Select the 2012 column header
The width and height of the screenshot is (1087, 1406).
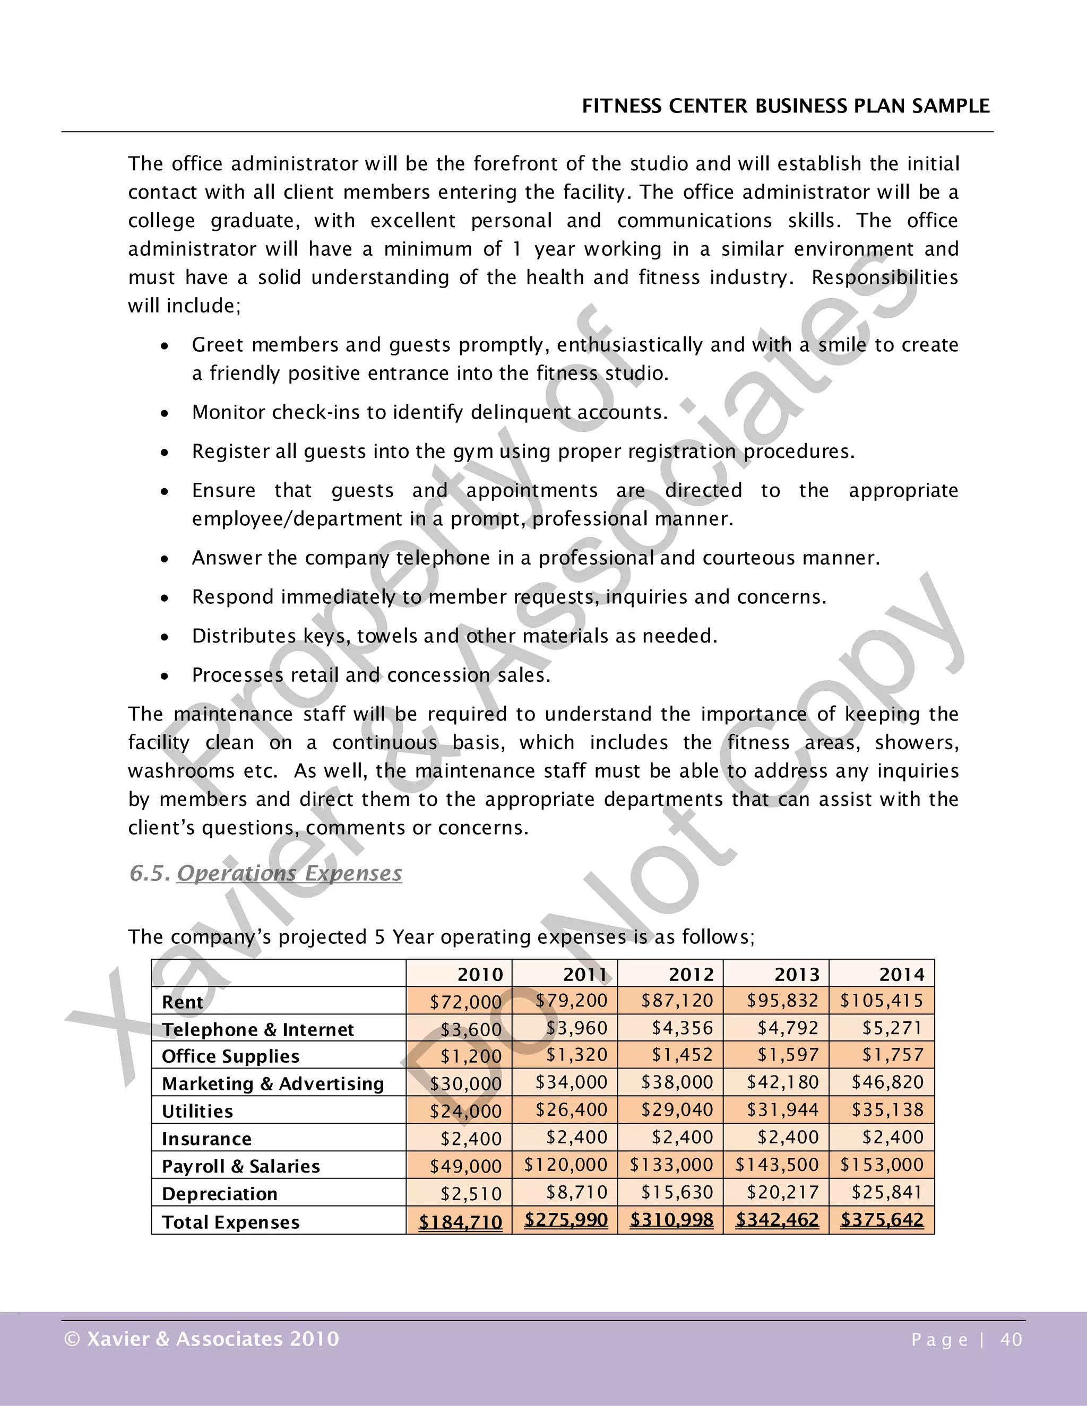[x=691, y=974]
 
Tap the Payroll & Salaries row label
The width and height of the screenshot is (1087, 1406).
[x=240, y=1166]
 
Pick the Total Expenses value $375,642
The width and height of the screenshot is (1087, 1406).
[x=882, y=1219]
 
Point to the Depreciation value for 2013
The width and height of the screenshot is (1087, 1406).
[x=782, y=1192]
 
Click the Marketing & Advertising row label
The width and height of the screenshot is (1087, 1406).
[x=272, y=1083]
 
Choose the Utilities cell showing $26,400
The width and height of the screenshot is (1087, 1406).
[x=571, y=1110]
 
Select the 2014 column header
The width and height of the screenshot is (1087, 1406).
[x=902, y=974]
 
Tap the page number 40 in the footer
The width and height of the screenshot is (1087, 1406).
[x=1011, y=1340]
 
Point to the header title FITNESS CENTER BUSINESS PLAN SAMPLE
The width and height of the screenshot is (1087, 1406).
[x=786, y=106]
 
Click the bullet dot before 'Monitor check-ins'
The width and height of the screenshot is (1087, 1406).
[x=166, y=413]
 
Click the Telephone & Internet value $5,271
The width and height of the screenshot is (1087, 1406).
[x=893, y=1028]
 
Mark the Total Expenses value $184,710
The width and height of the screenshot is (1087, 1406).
[x=460, y=1221]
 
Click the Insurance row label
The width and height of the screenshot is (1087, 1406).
[x=206, y=1139]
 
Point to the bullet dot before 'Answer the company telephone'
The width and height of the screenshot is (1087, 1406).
[x=166, y=559]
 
